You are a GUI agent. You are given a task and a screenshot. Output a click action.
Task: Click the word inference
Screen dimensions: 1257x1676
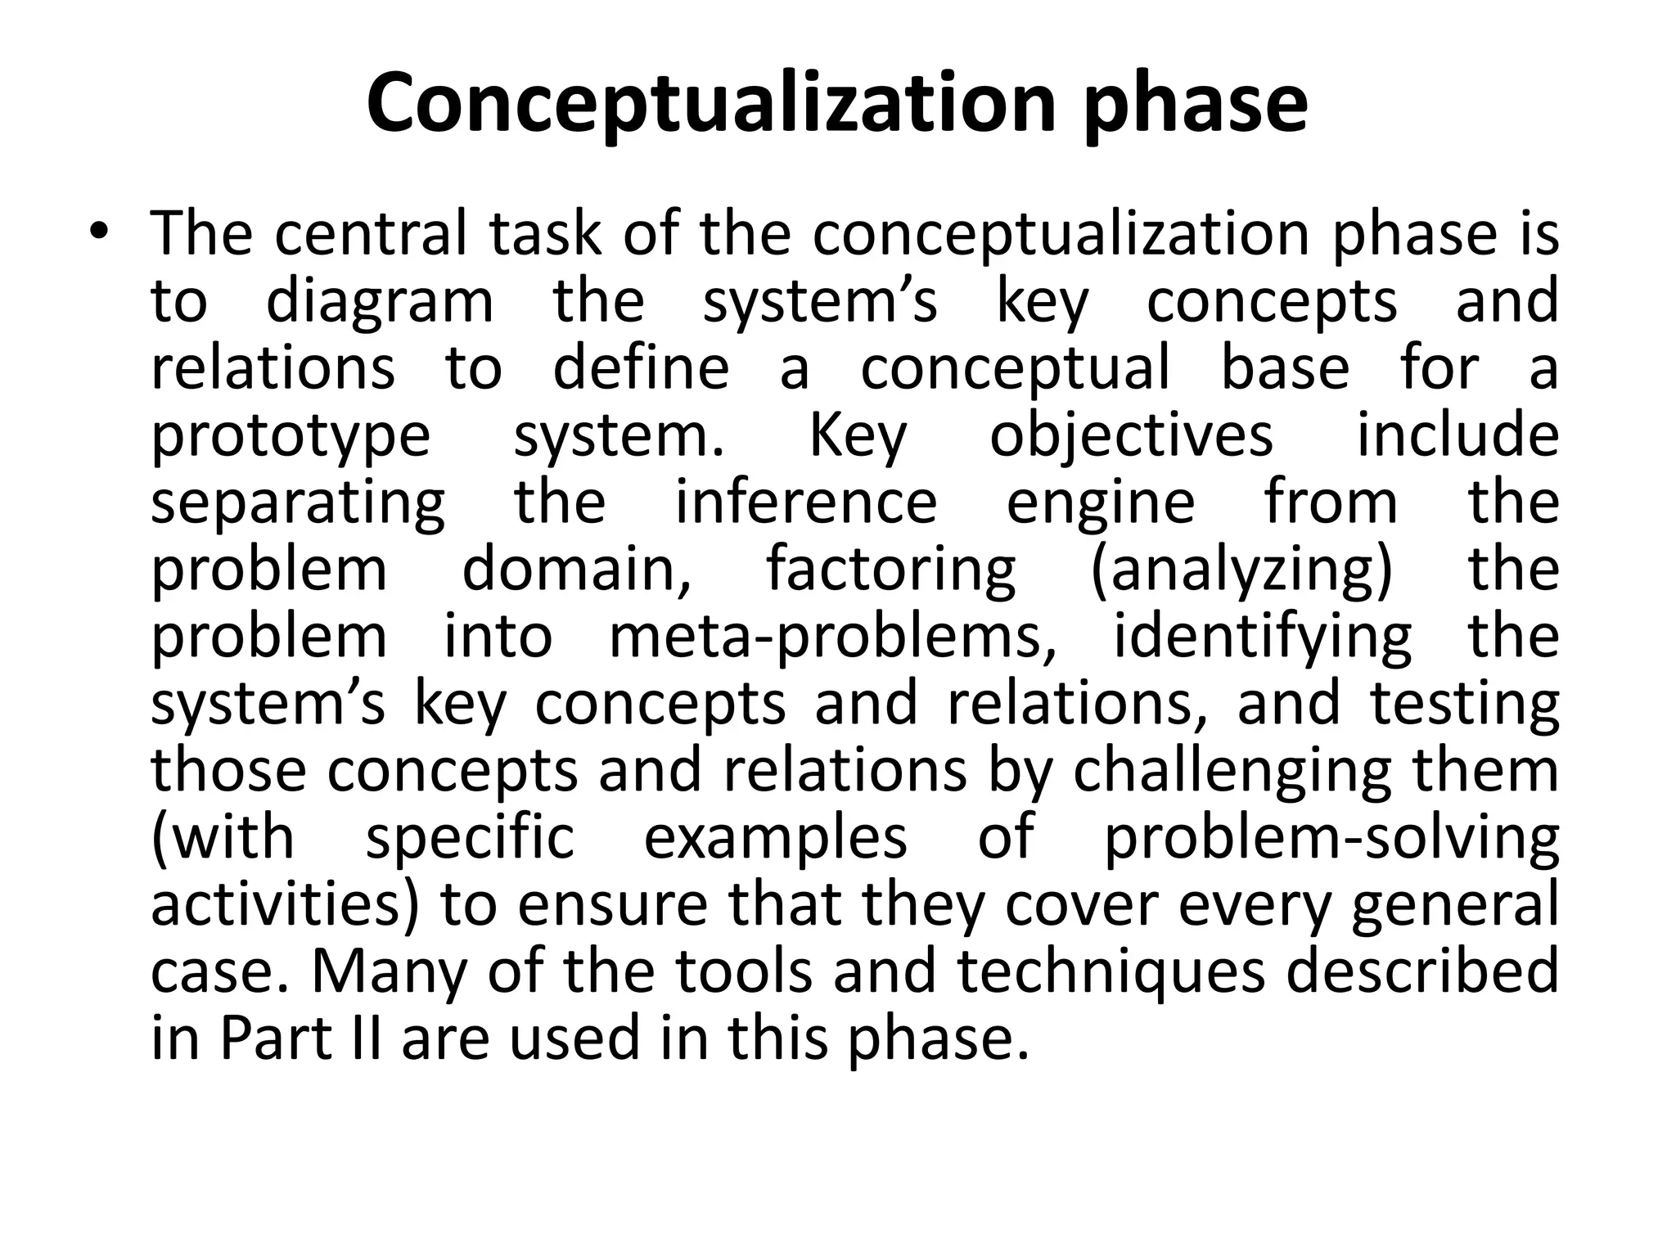806,502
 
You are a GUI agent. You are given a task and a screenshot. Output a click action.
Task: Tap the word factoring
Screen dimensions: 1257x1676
891,571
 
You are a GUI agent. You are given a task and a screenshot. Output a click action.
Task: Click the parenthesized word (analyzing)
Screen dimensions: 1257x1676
1241,571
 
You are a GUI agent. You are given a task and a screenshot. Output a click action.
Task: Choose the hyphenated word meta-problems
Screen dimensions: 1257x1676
833,638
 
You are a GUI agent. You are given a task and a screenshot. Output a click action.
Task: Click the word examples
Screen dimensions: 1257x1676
776,840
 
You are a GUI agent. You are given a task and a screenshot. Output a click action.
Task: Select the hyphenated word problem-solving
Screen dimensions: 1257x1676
1331,840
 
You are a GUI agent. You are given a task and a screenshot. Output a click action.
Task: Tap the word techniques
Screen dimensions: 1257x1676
1111,974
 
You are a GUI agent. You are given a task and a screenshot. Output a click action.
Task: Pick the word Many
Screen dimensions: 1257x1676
387,974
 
